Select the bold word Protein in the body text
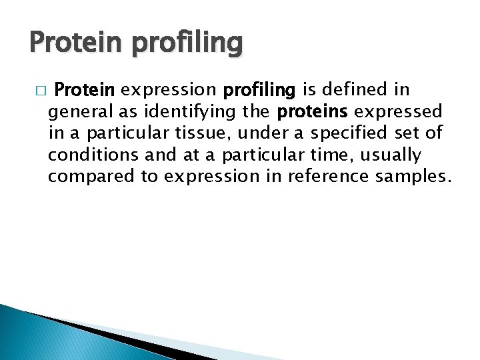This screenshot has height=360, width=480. [85, 89]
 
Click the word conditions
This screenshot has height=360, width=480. [89, 155]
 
